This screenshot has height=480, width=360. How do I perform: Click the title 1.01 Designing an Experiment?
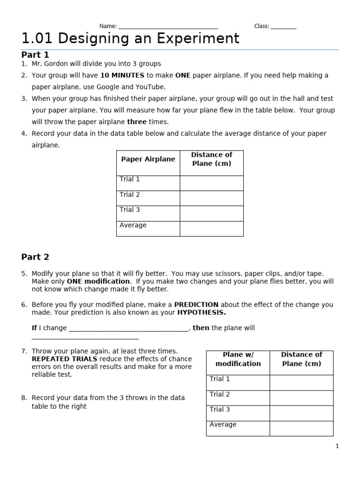[130, 38]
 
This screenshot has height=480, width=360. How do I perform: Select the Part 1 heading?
[35, 55]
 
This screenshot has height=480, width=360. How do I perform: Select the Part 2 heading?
[35, 257]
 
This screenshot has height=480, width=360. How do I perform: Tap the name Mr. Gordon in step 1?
[49, 64]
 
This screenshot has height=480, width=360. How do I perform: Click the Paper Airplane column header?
[148, 159]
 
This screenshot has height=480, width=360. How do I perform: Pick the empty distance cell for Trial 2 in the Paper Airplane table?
[211, 198]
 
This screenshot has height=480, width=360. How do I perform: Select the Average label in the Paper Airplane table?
[133, 225]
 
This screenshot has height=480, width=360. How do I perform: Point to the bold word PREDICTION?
[196, 304]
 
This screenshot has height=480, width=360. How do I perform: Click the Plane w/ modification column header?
[238, 359]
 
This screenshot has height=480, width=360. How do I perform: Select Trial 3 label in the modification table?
[220, 409]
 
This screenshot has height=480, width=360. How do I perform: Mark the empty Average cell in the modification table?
[301, 428]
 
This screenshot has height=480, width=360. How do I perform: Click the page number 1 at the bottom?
[337, 446]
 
